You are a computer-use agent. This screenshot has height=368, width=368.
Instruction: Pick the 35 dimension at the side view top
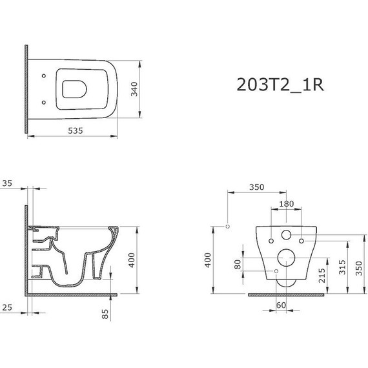[7, 184]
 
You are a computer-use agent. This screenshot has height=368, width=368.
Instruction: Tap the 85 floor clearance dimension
[106, 314]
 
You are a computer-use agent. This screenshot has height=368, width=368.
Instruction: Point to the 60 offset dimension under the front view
[281, 305]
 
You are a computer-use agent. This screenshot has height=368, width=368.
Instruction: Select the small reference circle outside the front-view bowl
[227, 226]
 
